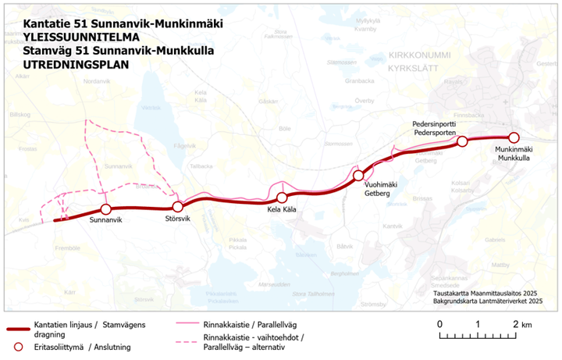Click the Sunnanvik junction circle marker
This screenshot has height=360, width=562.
click(106, 209)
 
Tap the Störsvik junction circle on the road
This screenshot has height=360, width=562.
click(177, 207)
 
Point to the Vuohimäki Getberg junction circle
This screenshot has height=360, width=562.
click(358, 176)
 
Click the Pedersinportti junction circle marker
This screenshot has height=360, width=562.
click(462, 141)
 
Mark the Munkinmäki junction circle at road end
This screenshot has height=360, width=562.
click(514, 138)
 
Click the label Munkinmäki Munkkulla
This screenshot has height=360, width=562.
click(513, 153)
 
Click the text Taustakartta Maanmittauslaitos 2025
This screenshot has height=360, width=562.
click(489, 292)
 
